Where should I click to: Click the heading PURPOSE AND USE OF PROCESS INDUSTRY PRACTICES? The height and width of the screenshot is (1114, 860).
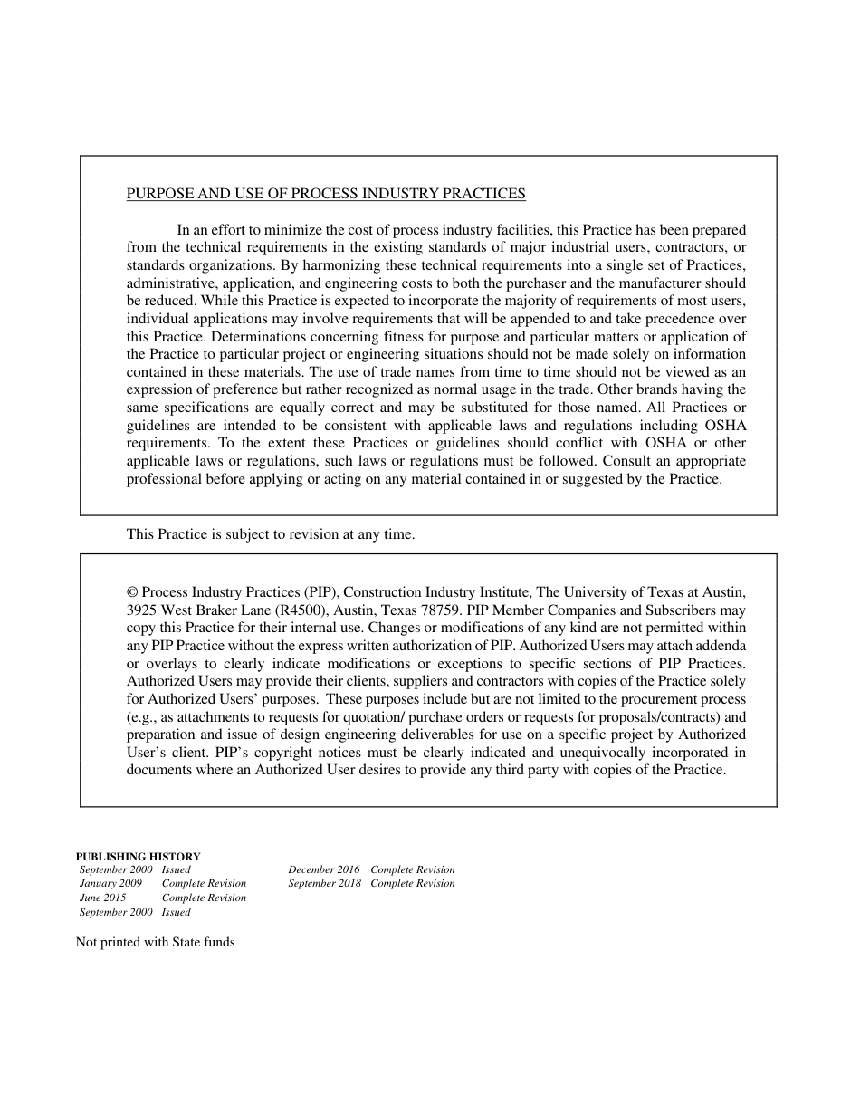pos(326,194)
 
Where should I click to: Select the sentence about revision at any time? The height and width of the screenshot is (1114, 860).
pos(271,534)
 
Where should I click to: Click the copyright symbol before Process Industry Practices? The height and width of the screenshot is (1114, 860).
pos(132,592)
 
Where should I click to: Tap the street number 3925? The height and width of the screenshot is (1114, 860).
pos(143,610)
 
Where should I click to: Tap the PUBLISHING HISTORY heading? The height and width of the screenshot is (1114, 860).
pos(138,856)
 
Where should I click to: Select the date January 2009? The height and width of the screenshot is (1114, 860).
pos(110,884)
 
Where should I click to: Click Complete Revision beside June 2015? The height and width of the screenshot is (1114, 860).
pos(204,898)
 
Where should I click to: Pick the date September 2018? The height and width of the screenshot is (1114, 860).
pos(324,884)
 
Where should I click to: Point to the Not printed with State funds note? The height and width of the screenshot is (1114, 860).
pos(155,943)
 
